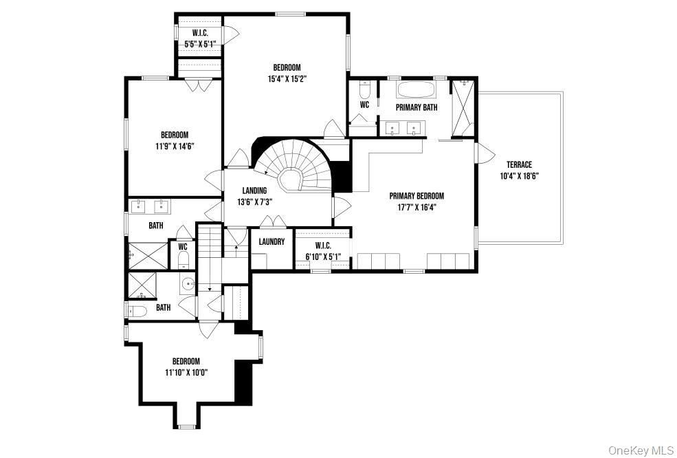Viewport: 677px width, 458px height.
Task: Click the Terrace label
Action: (x=519, y=164)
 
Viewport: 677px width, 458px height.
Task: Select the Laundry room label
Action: (x=272, y=242)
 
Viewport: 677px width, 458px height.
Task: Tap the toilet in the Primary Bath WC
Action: (x=365, y=90)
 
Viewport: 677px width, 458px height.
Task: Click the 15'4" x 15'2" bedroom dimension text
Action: (x=287, y=78)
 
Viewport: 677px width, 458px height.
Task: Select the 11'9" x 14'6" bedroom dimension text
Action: (x=175, y=146)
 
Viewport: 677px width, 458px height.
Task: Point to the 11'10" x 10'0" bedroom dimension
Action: (x=186, y=373)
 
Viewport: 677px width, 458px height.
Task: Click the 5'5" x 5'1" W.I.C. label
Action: (x=200, y=44)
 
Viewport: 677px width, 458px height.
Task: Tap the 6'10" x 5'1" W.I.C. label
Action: (x=323, y=257)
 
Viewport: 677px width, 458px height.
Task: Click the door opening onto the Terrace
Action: (x=485, y=153)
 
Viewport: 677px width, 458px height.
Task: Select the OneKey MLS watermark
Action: (x=641, y=450)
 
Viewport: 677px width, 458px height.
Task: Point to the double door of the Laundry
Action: (x=272, y=221)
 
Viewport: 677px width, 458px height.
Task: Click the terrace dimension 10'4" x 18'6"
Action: (x=519, y=175)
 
